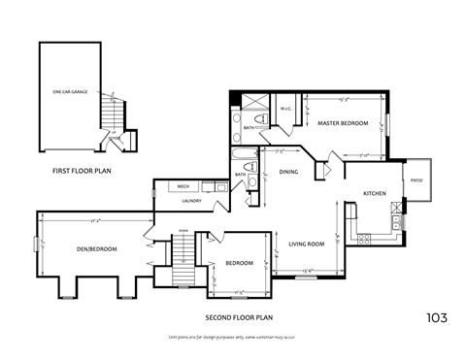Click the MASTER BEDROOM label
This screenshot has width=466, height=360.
click(x=342, y=123)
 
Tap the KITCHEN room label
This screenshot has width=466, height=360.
click(x=375, y=193)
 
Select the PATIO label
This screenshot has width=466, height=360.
click(x=416, y=180)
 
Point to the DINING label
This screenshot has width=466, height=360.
click(x=288, y=172)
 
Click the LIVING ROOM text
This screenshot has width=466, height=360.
click(x=306, y=244)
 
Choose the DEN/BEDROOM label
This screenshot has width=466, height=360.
click(x=97, y=249)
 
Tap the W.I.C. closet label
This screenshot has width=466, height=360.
click(x=286, y=109)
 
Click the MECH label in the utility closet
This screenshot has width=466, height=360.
click(x=183, y=187)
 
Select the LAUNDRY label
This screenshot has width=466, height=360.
click(x=191, y=201)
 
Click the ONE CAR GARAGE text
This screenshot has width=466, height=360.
click(x=70, y=92)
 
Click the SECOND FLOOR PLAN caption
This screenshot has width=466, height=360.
click(x=239, y=317)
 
